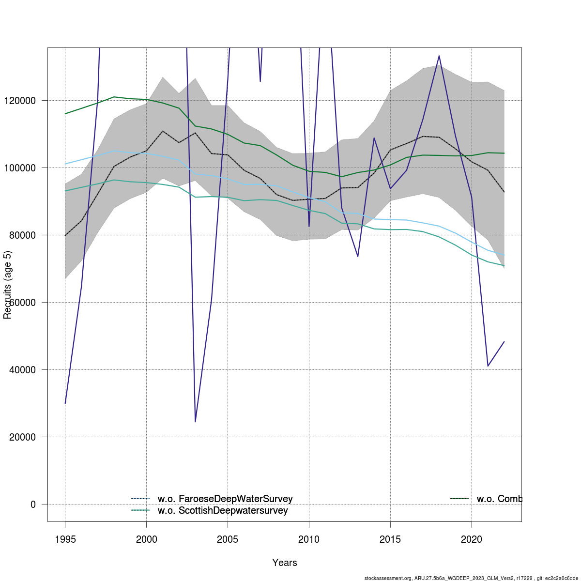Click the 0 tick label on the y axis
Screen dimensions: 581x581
[x=33, y=505]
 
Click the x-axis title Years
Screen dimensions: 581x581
[x=285, y=563]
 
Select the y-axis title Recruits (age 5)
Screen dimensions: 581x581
[x=7, y=285]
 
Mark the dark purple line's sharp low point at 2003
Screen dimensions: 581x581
[x=195, y=421]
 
